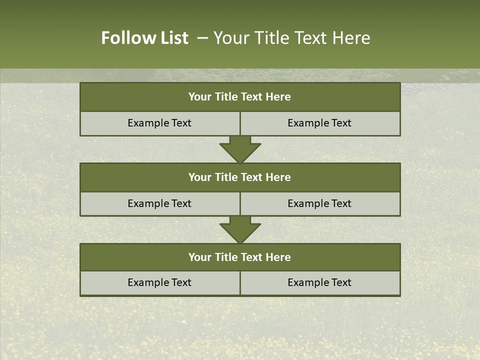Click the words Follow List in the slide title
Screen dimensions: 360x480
click(144, 38)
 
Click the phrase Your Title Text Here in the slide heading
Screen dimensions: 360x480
click(291, 38)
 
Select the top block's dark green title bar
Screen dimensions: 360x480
click(240, 97)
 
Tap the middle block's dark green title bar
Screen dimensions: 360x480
click(240, 177)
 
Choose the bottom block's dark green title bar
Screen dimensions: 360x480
click(240, 257)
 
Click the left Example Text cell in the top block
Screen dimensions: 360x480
click(159, 123)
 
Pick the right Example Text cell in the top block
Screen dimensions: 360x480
click(319, 123)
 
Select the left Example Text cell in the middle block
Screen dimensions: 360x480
click(159, 203)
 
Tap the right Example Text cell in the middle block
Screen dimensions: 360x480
click(319, 203)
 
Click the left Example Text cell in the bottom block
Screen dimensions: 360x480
click(159, 282)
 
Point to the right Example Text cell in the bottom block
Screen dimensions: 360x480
click(319, 282)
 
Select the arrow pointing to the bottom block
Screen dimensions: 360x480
click(240, 229)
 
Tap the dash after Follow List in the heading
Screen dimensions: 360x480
click(202, 38)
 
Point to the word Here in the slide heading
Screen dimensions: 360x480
click(353, 38)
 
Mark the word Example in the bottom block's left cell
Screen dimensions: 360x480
click(146, 282)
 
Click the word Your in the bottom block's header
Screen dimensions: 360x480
click(199, 257)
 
